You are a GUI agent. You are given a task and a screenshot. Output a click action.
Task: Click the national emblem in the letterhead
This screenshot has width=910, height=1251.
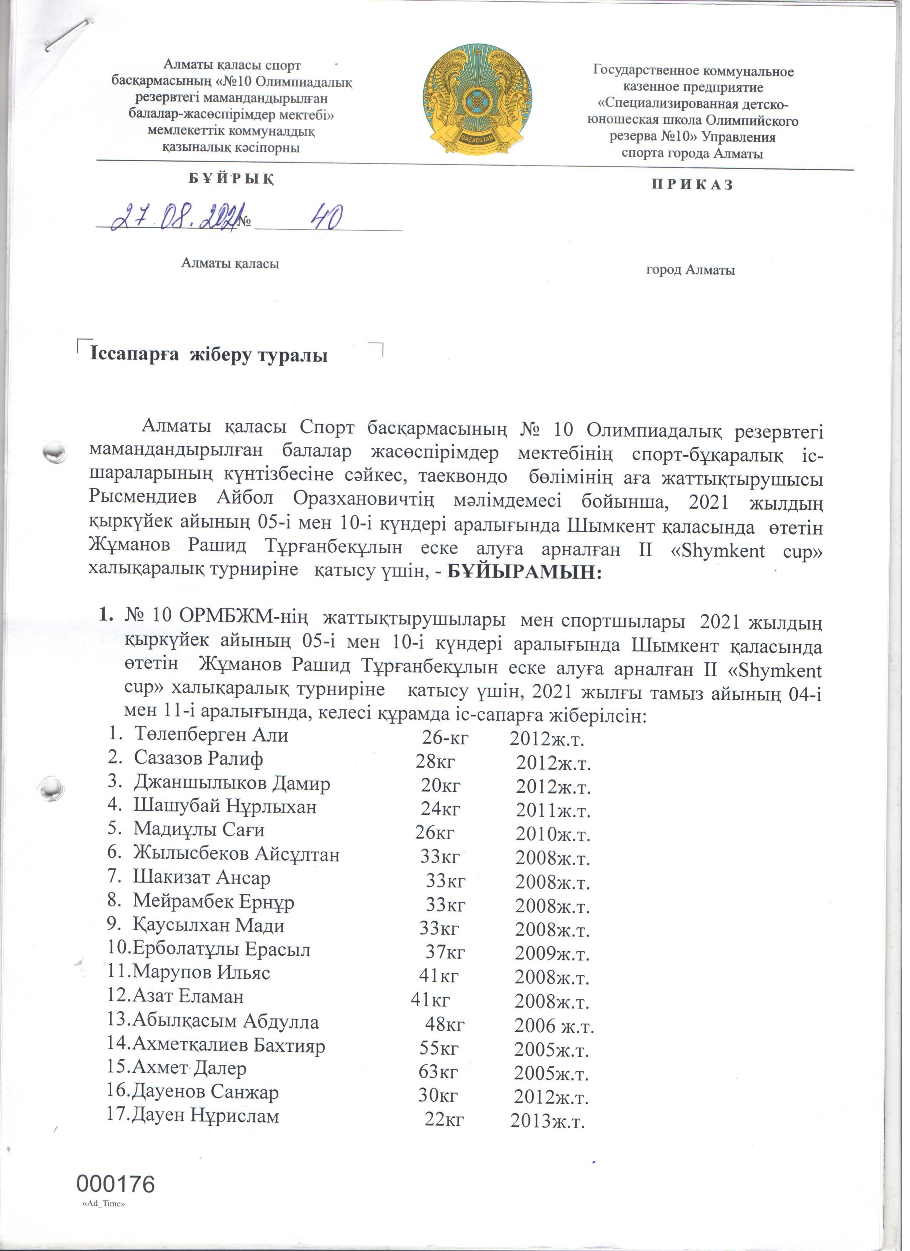coord(477,102)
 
